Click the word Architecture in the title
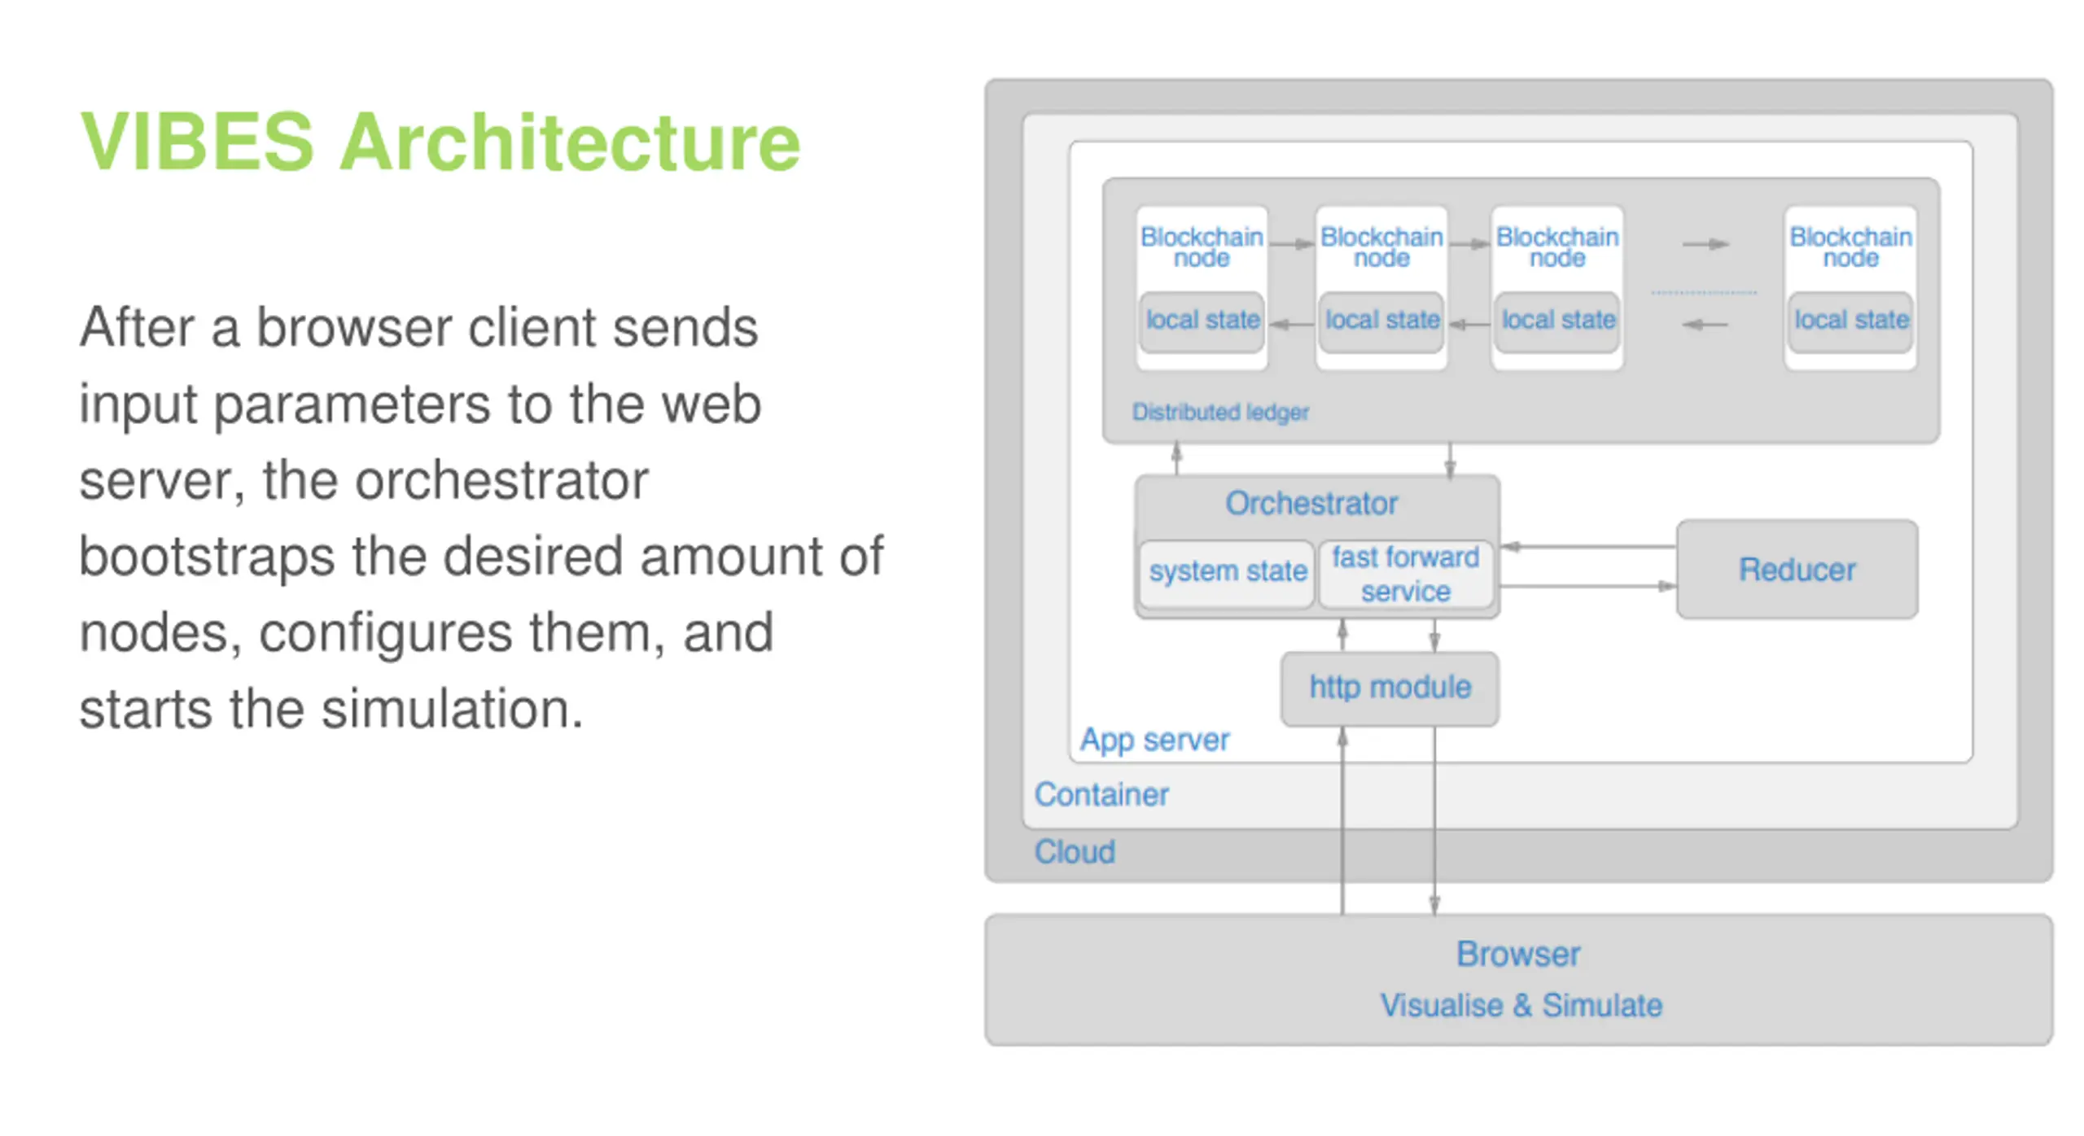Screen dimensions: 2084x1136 point(571,142)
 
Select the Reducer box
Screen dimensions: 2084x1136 point(1797,570)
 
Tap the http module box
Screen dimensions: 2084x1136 point(1390,688)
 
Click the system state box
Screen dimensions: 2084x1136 point(1227,573)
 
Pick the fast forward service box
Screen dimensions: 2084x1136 point(1406,574)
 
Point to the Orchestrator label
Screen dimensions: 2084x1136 point(1311,503)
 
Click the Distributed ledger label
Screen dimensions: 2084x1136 point(1220,413)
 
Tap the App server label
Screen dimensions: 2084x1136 point(1154,740)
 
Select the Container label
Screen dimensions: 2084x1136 point(1101,794)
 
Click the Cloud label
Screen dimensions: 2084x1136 point(1075,852)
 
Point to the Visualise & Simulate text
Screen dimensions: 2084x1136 point(1521,1006)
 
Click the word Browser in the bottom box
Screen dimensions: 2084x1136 point(1518,955)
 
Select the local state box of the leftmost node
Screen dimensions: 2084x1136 point(1202,321)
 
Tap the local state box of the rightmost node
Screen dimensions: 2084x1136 point(1851,321)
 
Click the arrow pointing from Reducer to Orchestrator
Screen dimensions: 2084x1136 point(1588,547)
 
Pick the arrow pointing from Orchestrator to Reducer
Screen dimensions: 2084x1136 point(1588,586)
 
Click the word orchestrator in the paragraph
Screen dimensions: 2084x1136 point(502,480)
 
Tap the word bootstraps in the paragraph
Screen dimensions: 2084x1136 point(207,558)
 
